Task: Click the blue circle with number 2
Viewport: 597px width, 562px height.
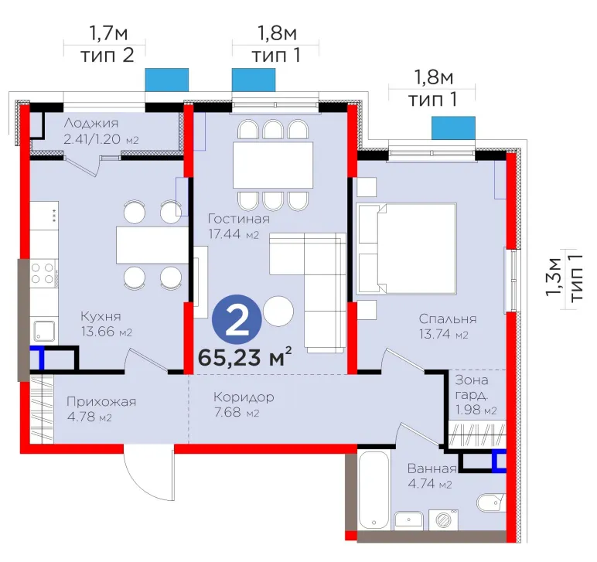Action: tap(237, 319)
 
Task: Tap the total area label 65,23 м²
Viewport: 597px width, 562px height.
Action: tap(245, 356)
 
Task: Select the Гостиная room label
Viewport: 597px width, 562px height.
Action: tap(239, 219)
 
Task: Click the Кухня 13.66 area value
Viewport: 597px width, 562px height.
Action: tap(107, 332)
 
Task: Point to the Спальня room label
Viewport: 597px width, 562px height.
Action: tap(448, 318)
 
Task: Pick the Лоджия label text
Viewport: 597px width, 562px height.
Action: tap(91, 123)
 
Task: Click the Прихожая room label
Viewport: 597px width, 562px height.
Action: tap(101, 402)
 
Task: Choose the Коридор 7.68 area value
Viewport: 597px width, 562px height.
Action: tap(237, 413)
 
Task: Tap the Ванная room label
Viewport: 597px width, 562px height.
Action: tap(432, 468)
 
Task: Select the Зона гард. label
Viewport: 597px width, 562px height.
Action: tap(472, 387)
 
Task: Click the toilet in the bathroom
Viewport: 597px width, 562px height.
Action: tap(491, 503)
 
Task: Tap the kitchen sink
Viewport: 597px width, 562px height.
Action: tap(44, 330)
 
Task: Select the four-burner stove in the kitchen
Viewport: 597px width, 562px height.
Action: tap(43, 273)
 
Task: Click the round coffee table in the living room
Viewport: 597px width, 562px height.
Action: tap(278, 312)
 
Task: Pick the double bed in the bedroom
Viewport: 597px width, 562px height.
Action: tap(407, 248)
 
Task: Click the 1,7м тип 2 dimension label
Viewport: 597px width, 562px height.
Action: tap(107, 44)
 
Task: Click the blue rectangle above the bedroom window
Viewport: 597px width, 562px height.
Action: tap(453, 128)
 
